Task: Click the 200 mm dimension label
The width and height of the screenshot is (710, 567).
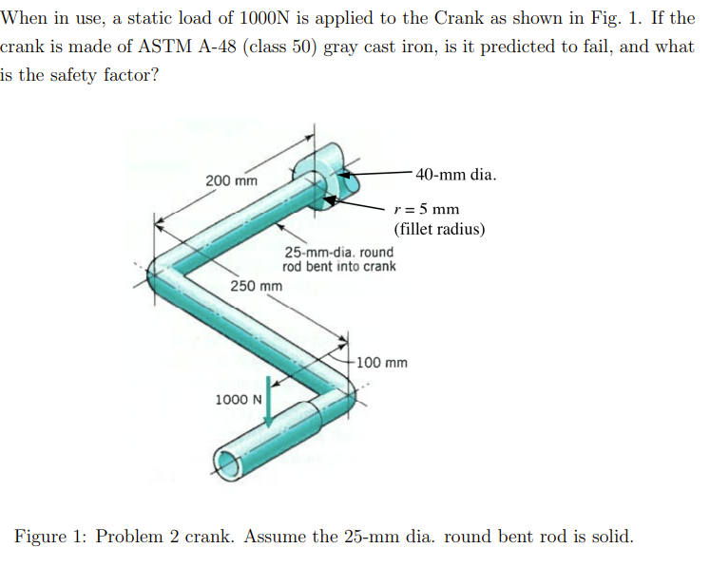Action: (232, 180)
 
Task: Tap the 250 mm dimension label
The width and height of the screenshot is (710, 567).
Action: (257, 286)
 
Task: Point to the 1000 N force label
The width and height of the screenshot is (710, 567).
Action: (239, 399)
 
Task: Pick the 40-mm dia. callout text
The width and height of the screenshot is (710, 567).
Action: (455, 175)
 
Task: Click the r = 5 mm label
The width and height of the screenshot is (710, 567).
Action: (427, 209)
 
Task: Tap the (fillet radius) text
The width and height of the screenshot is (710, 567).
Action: (439, 229)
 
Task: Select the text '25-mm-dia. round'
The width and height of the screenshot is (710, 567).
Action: (338, 253)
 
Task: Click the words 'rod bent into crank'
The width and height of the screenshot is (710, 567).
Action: (338, 266)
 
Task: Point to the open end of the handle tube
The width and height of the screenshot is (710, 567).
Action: (225, 463)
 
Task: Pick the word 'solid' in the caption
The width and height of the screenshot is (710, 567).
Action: (611, 536)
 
